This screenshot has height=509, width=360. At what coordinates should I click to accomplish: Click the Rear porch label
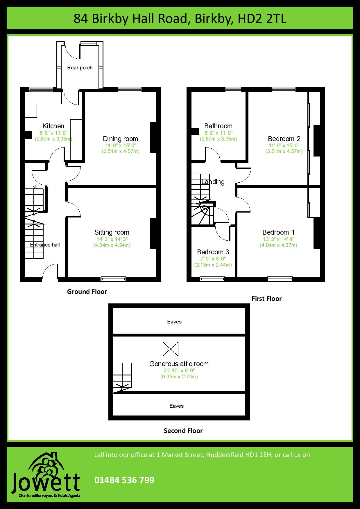coord(80,68)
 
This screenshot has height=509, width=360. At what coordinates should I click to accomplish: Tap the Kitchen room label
coord(53,126)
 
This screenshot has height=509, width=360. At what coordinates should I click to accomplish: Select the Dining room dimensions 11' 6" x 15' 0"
coord(121,145)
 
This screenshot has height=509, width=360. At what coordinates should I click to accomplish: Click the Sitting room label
coord(112,232)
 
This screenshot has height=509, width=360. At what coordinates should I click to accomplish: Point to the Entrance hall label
coord(45,245)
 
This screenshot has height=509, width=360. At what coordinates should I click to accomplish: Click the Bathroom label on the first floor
coord(218,126)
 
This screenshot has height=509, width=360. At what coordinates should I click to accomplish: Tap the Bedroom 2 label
coord(284,139)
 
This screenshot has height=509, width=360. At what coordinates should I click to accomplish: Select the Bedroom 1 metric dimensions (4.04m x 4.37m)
coord(278,245)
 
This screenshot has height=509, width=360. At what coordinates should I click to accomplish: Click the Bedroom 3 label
coord(213,252)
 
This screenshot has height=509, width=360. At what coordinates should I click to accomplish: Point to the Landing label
coord(213,182)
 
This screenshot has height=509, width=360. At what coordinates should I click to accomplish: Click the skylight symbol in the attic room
coord(171,349)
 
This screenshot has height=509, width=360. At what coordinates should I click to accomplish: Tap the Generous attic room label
coord(179,364)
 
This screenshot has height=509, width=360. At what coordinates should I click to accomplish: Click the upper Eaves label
coord(174,322)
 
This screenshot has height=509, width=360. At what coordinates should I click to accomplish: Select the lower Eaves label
coord(177,406)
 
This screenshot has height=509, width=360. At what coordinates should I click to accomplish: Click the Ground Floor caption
coord(87,292)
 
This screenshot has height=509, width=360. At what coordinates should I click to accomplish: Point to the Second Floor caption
coord(183,431)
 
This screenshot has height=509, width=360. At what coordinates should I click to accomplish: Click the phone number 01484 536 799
coord(124,480)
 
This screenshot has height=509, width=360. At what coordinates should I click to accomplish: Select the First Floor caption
coord(267,298)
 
